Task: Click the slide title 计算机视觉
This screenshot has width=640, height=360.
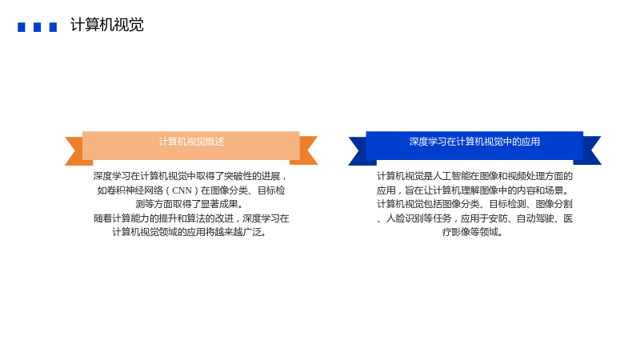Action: pyautogui.click(x=107, y=25)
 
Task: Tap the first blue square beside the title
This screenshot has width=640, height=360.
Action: pyautogui.click(x=22, y=27)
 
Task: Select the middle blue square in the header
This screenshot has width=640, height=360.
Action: pyautogui.click(x=37, y=27)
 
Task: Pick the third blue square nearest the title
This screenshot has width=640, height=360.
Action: pyautogui.click(x=53, y=27)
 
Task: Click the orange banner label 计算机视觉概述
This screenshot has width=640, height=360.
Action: pyautogui.click(x=191, y=142)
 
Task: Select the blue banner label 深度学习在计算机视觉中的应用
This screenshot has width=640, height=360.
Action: pyautogui.click(x=474, y=142)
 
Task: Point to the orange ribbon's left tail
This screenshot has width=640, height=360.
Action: pyautogui.click(x=74, y=150)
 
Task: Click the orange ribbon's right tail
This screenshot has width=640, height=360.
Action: pyautogui.click(x=308, y=150)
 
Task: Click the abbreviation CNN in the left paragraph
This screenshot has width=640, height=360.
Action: pyautogui.click(x=182, y=190)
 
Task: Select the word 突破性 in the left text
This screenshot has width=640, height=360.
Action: pyautogui.click(x=238, y=176)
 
